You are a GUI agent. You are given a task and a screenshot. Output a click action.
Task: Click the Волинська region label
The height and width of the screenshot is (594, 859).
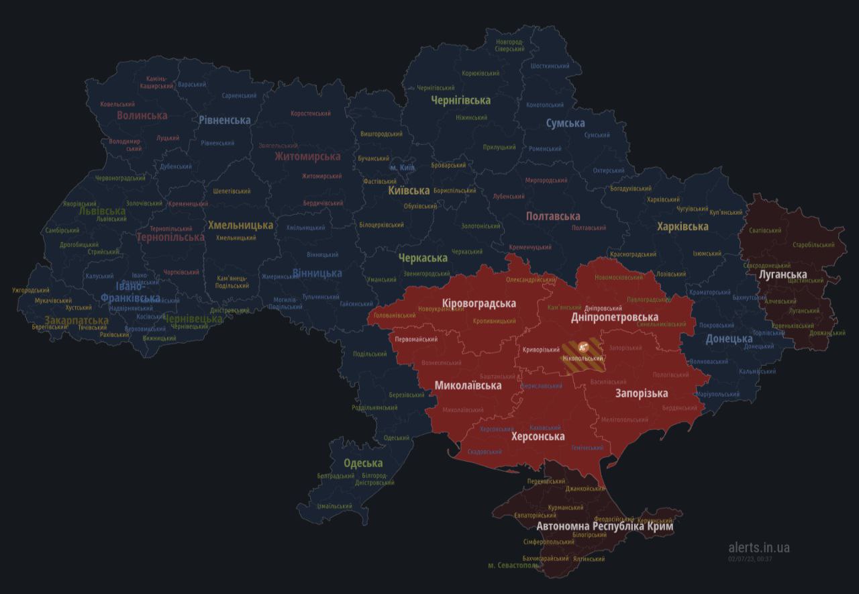[142, 115]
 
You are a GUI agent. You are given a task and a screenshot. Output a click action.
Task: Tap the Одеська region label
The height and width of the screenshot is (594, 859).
[363, 463]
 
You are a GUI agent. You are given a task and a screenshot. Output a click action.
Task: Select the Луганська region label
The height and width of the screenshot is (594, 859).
[782, 275]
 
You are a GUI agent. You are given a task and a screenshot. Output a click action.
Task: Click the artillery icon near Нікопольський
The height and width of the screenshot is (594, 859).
[583, 347]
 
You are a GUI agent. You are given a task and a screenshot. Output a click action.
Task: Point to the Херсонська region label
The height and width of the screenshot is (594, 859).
[538, 436]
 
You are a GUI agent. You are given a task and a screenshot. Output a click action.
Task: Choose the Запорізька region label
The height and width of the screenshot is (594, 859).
[642, 393]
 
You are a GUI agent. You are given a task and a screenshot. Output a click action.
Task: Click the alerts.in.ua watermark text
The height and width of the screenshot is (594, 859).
[759, 548]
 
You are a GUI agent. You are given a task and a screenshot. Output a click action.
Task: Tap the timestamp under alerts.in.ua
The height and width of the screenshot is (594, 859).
[750, 558]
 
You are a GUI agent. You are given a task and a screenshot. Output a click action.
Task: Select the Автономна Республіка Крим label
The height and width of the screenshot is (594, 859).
[605, 526]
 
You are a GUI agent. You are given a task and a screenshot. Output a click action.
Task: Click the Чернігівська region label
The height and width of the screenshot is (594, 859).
[460, 100]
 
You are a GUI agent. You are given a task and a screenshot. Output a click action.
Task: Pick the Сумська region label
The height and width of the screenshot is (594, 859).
[565, 123]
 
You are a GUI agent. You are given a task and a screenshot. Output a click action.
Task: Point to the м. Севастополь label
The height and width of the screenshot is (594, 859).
[513, 566]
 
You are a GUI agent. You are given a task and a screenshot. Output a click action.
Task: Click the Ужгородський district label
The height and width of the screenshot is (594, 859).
[31, 291]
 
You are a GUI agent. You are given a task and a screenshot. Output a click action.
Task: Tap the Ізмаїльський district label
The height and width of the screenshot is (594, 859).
[334, 506]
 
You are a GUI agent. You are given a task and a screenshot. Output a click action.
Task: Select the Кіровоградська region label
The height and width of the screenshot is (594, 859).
[479, 303]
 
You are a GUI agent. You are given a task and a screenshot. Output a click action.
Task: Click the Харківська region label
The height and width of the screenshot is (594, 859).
[683, 226]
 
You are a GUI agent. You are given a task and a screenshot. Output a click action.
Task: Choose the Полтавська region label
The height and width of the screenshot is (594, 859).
[553, 216]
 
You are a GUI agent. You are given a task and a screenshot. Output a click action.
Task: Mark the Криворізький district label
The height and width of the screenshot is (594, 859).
[541, 350]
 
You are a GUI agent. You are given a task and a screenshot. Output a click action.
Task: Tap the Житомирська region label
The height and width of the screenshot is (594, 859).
[307, 156]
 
